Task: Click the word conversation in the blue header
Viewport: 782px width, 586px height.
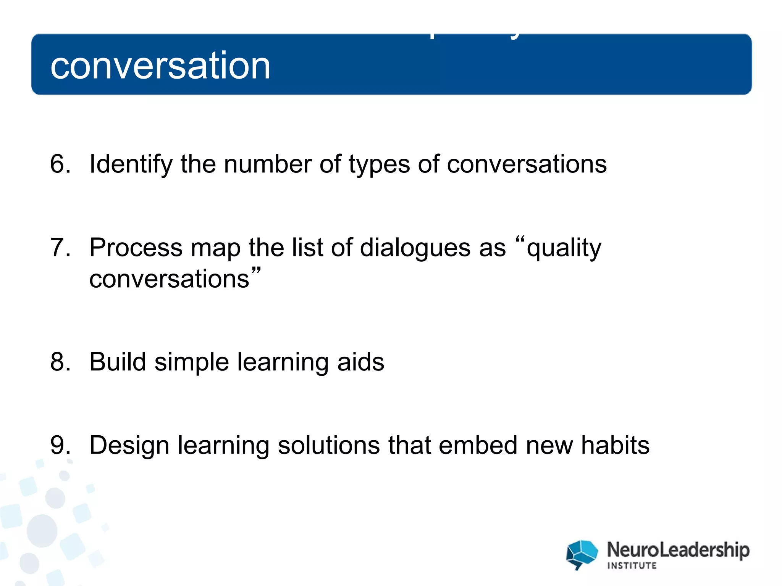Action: click(x=160, y=66)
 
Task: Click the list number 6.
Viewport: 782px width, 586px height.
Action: click(x=60, y=164)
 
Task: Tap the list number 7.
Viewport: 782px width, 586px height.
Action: click(x=60, y=248)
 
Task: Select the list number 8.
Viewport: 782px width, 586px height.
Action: click(x=60, y=362)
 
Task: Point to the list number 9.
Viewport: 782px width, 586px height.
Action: click(x=60, y=445)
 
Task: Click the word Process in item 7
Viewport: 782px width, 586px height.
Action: click(x=136, y=248)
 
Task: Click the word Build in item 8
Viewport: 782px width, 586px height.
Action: click(x=117, y=362)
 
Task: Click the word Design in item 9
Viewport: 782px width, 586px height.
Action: click(x=129, y=446)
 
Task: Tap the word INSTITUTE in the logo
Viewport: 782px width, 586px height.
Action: click(x=632, y=566)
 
